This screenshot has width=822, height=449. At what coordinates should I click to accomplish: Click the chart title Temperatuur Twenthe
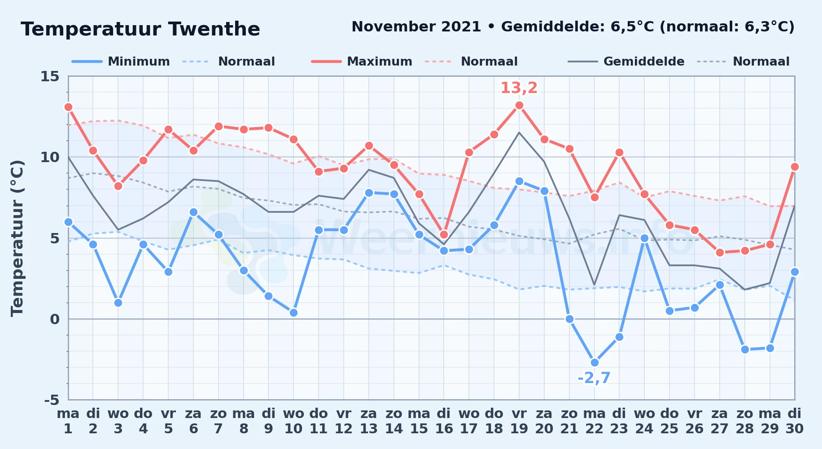click(x=140, y=29)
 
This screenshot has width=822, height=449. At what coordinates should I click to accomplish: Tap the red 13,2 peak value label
click(x=519, y=88)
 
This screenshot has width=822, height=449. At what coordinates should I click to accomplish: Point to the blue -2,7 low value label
click(x=594, y=378)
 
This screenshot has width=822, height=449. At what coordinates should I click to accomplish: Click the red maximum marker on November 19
click(x=519, y=106)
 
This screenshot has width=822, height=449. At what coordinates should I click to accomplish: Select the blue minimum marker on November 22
click(x=595, y=362)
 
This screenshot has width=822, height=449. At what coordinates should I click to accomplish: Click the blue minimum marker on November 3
click(x=118, y=303)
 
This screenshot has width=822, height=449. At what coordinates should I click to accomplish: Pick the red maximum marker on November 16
click(x=444, y=234)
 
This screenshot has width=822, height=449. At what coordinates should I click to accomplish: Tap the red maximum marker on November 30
click(x=795, y=167)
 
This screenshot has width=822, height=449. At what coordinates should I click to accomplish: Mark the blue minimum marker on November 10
click(x=293, y=313)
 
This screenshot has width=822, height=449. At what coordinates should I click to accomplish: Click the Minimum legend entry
click(x=121, y=62)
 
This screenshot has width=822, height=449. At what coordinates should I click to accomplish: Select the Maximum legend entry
click(x=362, y=62)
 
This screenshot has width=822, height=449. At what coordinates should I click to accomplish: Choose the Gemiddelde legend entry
click(x=626, y=62)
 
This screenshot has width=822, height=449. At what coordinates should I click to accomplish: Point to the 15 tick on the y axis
click(x=50, y=76)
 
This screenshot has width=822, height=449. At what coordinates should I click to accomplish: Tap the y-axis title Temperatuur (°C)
click(x=17, y=238)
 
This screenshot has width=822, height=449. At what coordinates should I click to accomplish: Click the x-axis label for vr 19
click(x=519, y=421)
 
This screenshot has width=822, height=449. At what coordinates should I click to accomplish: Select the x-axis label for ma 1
click(x=68, y=421)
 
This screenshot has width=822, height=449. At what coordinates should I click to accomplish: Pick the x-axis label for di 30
click(x=795, y=421)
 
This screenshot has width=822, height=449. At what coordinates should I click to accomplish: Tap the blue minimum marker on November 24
click(x=644, y=238)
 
